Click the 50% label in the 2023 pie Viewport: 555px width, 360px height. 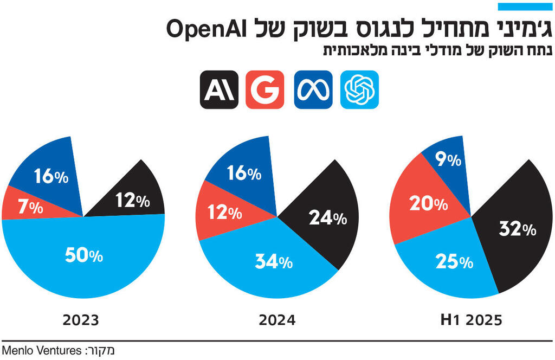[x=83, y=255]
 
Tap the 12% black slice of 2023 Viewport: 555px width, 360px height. [x=132, y=201]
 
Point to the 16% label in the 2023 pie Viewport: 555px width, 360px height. [x=51, y=176]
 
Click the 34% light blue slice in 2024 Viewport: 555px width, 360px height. [x=274, y=262]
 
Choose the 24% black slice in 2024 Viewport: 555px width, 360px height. [x=327, y=218]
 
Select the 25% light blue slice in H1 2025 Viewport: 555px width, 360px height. [x=454, y=262]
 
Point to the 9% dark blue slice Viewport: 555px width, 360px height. [x=448, y=160]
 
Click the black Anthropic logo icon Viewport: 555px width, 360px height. [x=218, y=89]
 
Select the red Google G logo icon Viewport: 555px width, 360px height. [x=265, y=89]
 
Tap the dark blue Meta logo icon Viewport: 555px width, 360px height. [x=313, y=89]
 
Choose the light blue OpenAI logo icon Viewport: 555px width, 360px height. [x=359, y=89]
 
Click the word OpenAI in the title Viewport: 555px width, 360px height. [x=203, y=28]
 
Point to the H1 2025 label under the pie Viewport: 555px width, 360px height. [x=472, y=320]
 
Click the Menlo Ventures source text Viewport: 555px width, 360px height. [x=41, y=350]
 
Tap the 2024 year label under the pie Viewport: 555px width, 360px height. [x=277, y=320]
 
